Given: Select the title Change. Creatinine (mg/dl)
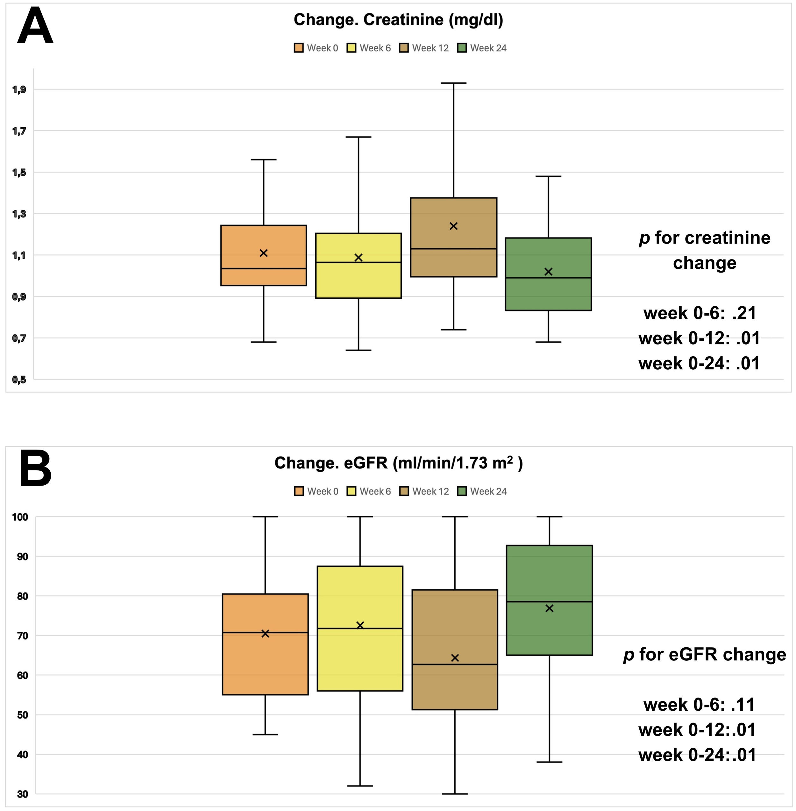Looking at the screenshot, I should click(x=398, y=20).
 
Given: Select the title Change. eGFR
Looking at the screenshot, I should click(x=398, y=463).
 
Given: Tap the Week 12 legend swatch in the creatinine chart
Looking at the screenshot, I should click(x=403, y=48).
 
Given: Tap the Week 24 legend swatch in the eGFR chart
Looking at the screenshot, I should click(x=462, y=491).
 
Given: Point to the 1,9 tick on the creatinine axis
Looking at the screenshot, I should click(x=19, y=89).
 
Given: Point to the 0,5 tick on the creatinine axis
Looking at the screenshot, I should click(x=19, y=380).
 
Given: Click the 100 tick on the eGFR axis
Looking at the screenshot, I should click(x=20, y=517).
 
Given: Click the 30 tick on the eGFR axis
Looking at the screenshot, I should click(x=23, y=794).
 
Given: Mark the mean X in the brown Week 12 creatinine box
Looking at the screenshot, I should click(x=454, y=226).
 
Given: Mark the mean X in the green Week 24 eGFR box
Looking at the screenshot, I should click(x=549, y=608).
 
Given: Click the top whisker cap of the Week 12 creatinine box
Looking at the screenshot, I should click(x=454, y=83).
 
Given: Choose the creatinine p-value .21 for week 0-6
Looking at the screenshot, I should click(x=744, y=313).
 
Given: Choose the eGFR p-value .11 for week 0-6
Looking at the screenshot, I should click(x=743, y=705).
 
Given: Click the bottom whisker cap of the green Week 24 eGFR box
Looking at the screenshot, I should click(x=549, y=762).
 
